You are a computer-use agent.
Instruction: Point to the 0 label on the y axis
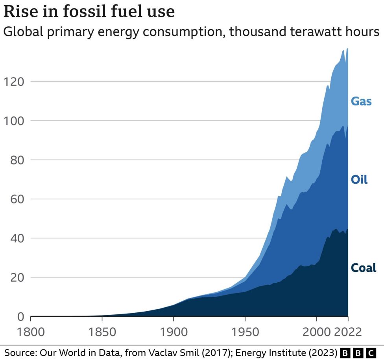(21, 317)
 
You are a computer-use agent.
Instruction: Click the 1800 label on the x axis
(31, 332)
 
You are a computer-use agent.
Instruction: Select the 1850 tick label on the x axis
(102, 332)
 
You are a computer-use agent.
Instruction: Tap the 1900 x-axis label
(174, 332)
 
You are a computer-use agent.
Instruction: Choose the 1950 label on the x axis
(245, 332)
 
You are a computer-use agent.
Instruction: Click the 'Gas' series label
(361, 101)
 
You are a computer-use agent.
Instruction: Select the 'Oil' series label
(359, 180)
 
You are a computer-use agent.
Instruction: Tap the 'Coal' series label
(364, 268)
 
